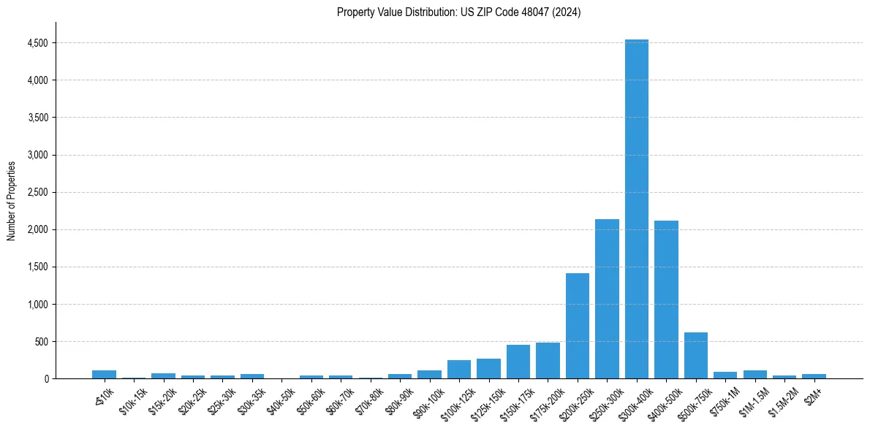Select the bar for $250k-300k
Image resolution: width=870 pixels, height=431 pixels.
pyautogui.click(x=607, y=299)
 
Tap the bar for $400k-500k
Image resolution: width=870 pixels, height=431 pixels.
pyautogui.click(x=666, y=300)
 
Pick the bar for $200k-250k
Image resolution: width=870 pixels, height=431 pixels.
pyautogui.click(x=578, y=326)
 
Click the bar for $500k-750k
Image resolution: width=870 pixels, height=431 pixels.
pyautogui.click(x=695, y=356)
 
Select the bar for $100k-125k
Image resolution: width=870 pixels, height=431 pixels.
pyautogui.click(x=459, y=370)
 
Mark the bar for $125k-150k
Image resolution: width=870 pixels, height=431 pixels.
pyautogui.click(x=488, y=369)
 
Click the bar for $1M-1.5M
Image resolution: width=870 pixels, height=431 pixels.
pyautogui.click(x=754, y=375)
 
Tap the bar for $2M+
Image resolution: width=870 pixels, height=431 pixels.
pyautogui.click(x=814, y=376)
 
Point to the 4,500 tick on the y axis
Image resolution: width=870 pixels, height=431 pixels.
pyautogui.click(x=38, y=43)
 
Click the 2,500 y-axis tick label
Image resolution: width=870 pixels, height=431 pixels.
pyautogui.click(x=38, y=192)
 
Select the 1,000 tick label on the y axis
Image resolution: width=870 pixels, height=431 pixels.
pyautogui.click(x=38, y=304)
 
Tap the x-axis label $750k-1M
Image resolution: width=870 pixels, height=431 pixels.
pyautogui.click(x=725, y=401)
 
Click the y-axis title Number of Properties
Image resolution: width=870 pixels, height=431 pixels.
pyautogui.click(x=11, y=200)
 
